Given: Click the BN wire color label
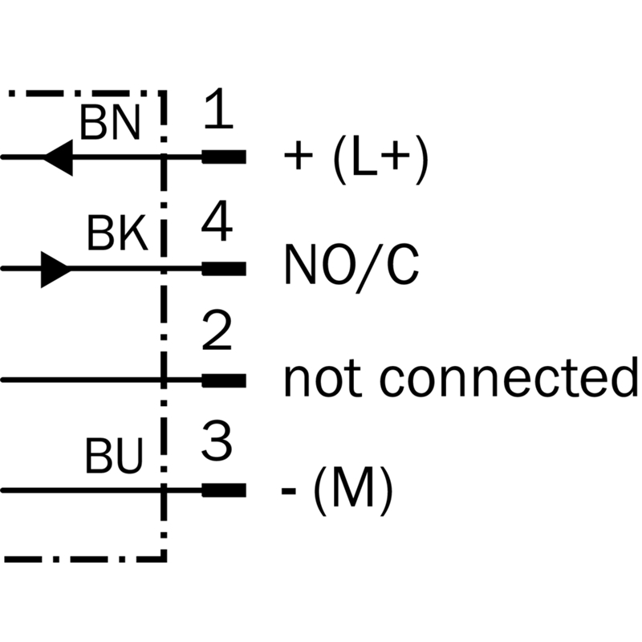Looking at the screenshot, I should [110, 124].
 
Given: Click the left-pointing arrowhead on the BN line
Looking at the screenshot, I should [58, 156].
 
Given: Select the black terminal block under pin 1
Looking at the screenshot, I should [224, 156].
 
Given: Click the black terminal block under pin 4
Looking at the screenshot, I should [224, 268].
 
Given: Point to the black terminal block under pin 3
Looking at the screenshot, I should [224, 490].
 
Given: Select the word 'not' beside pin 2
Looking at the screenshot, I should [319, 379].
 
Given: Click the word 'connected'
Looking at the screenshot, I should [508, 379].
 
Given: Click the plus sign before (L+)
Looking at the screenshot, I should [298, 159].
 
